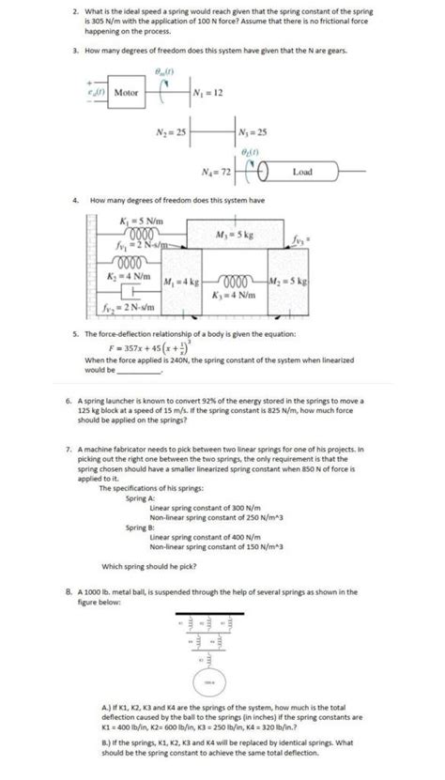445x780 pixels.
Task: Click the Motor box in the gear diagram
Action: click(126, 94)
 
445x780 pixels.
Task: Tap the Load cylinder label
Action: click(302, 173)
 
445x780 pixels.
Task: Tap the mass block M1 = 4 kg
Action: click(179, 282)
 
